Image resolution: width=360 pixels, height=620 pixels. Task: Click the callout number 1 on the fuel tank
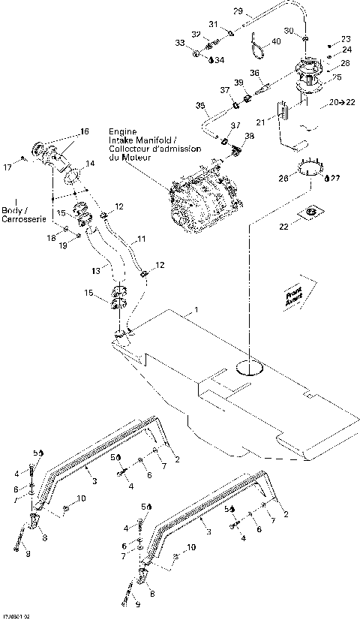tap(196, 309)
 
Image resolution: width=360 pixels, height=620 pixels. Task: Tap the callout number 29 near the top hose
tap(238, 11)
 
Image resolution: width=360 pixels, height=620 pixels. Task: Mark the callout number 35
tap(200, 104)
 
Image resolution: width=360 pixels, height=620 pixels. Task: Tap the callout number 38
tap(250, 137)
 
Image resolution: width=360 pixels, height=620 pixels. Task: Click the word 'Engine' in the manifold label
tap(124, 131)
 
